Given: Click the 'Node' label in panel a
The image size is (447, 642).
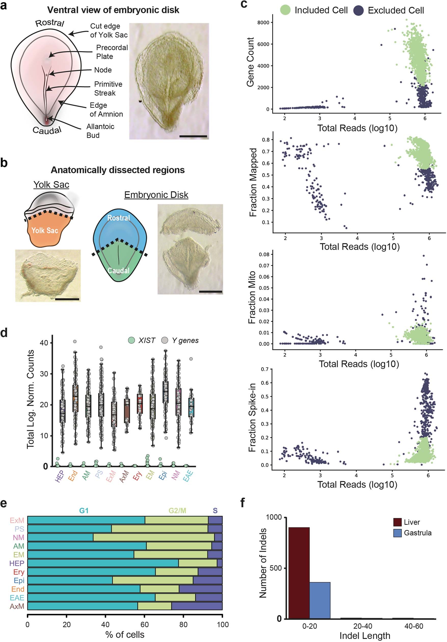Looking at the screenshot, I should click(103, 70).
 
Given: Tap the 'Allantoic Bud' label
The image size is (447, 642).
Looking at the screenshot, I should click(100, 131).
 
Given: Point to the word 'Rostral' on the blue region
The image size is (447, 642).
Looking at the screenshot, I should click(118, 218).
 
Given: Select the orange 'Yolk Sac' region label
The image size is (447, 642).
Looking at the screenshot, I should click(45, 230).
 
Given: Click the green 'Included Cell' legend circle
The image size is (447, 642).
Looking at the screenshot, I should click(285, 10).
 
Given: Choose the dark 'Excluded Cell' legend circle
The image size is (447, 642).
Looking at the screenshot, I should click(358, 11).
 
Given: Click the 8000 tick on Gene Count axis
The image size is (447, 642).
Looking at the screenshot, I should click(263, 23).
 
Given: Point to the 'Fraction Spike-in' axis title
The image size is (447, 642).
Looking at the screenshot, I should click(252, 417).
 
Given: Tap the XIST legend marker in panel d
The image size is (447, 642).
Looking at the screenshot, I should click(131, 340).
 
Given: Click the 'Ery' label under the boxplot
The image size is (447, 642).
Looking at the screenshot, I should click(137, 476).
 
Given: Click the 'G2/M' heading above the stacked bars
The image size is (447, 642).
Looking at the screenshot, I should click(177, 511).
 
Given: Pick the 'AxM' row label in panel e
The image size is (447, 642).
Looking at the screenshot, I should click(17, 606).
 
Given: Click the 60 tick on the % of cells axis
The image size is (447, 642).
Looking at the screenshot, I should click(144, 624).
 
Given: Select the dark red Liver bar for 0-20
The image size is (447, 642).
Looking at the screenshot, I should click(299, 573).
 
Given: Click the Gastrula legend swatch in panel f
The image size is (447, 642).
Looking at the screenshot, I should click(397, 533).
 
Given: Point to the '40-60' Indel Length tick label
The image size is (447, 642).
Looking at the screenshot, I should click(413, 626).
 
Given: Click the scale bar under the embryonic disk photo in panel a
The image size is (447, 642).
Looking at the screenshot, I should click(193, 136).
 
